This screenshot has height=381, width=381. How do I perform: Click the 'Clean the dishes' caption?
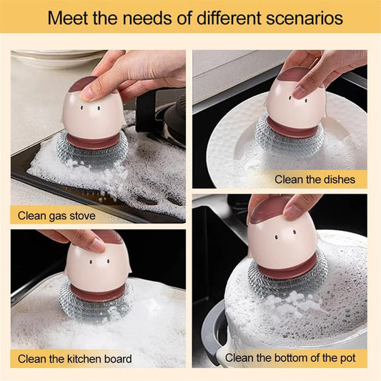315,179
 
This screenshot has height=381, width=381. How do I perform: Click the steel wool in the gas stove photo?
93,152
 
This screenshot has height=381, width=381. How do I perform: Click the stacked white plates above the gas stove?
50,59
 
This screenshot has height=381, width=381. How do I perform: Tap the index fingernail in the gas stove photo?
86,92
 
